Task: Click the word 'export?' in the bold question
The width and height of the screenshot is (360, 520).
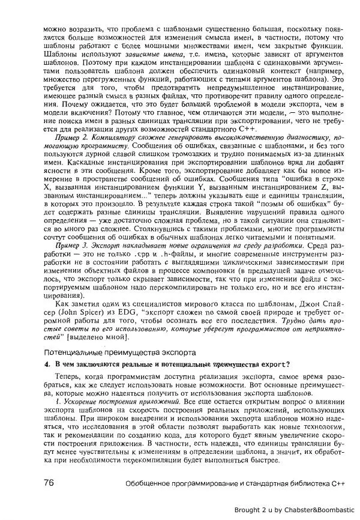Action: [272, 364]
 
